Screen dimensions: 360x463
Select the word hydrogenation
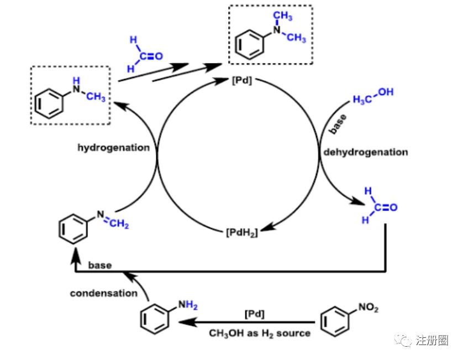[x=113, y=148]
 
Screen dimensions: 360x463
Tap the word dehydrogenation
[x=365, y=152]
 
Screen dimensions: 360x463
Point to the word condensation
[x=103, y=293]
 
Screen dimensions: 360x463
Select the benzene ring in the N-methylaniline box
[x=50, y=103]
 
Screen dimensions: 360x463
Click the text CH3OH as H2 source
[x=259, y=333]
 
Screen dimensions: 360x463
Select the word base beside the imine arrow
[x=100, y=265]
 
